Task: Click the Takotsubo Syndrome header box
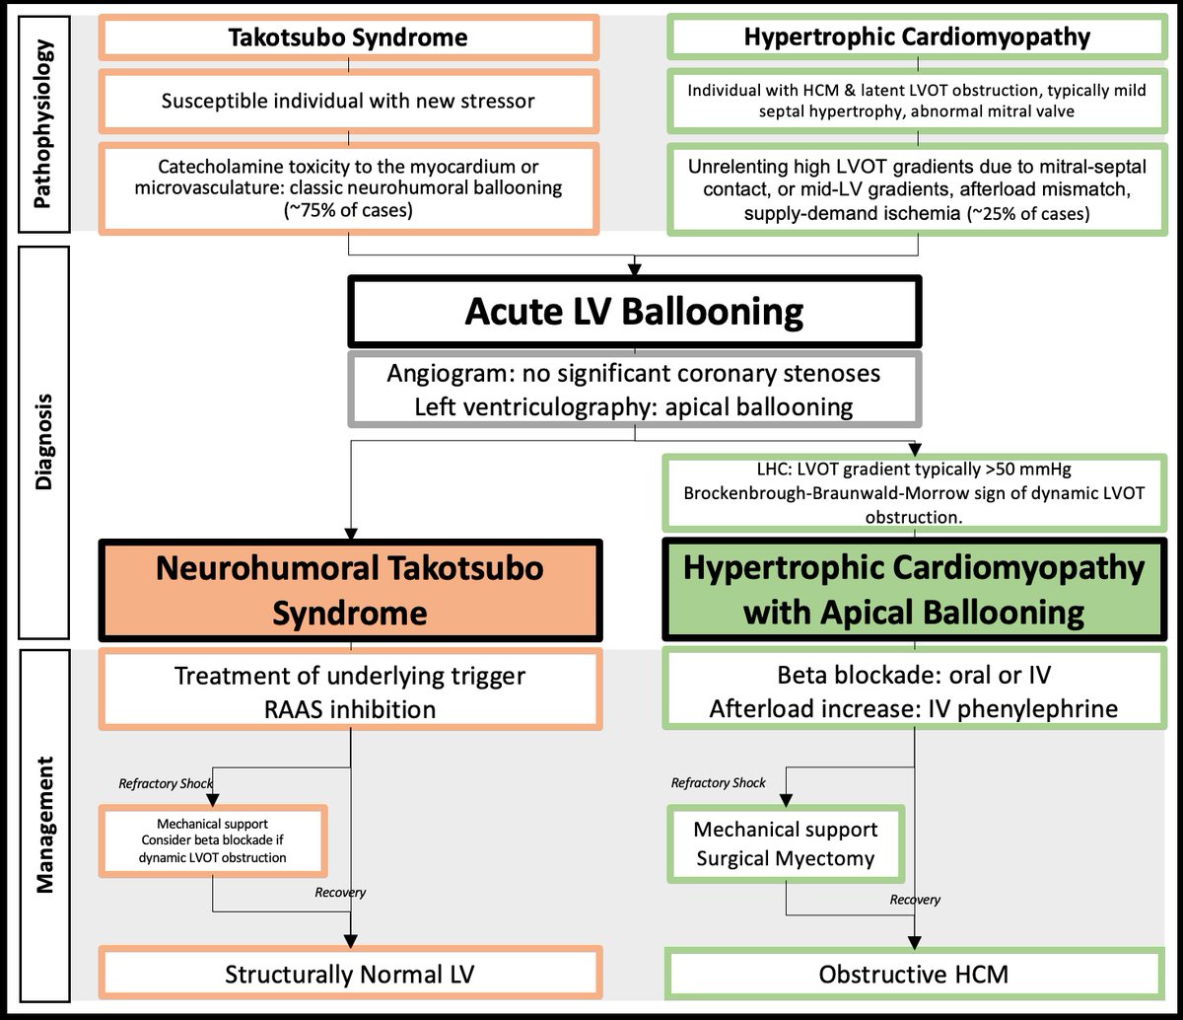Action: click(348, 37)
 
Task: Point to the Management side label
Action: click(42, 825)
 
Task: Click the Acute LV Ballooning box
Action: click(635, 313)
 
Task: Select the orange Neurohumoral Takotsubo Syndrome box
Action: click(350, 590)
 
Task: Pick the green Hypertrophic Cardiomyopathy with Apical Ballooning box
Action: click(913, 590)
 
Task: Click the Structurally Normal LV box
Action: click(350, 975)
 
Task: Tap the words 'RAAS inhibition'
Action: click(350, 709)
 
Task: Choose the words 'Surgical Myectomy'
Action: click(786, 858)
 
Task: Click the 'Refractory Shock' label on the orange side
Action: click(166, 784)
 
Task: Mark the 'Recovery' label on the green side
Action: click(914, 900)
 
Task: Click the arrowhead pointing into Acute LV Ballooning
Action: click(635, 267)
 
